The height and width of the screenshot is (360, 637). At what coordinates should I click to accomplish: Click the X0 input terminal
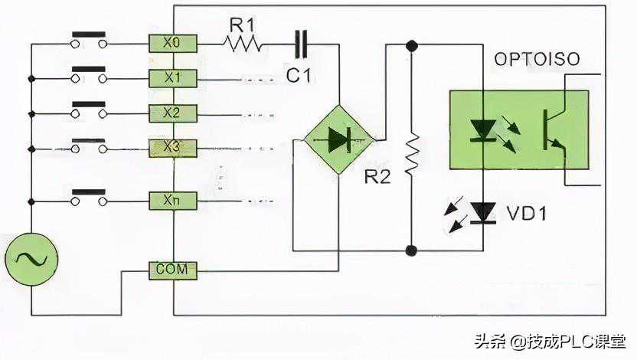pyautogui.click(x=173, y=44)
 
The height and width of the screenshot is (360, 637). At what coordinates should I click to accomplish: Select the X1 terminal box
pyautogui.click(x=173, y=78)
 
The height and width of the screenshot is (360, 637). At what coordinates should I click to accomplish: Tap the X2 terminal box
pyautogui.click(x=173, y=113)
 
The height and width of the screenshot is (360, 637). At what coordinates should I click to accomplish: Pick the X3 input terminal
pyautogui.click(x=173, y=148)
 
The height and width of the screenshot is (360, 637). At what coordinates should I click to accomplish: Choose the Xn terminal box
pyautogui.click(x=173, y=201)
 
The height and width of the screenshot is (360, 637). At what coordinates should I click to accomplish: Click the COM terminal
pyautogui.click(x=173, y=270)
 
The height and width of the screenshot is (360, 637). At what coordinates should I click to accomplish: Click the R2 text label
pyautogui.click(x=377, y=178)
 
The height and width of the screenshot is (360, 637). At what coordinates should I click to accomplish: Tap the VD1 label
pyautogui.click(x=528, y=213)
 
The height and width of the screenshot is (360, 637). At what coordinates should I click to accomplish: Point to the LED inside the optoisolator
pyautogui.click(x=482, y=130)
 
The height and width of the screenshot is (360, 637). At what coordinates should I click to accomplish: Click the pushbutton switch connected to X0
pyautogui.click(x=89, y=40)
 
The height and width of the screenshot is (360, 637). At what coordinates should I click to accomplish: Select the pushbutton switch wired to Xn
pyautogui.click(x=89, y=197)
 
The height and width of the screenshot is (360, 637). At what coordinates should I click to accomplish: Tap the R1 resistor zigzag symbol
pyautogui.click(x=243, y=44)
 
